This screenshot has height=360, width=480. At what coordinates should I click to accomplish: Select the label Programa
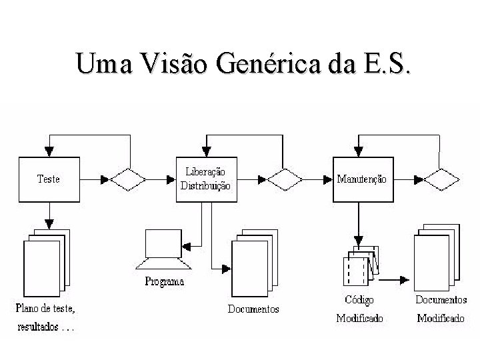point(165,281)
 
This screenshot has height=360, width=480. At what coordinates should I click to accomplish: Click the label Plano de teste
point(45,308)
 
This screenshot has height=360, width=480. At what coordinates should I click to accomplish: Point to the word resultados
point(38,327)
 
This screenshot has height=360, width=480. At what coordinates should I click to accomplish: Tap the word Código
point(359,300)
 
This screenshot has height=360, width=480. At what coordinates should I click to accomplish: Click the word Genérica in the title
point(269,63)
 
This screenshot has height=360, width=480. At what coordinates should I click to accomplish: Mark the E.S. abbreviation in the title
point(387,63)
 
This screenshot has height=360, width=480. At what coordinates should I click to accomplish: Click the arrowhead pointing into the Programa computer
point(187,247)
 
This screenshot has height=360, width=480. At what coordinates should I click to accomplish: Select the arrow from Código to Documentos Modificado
point(394,280)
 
